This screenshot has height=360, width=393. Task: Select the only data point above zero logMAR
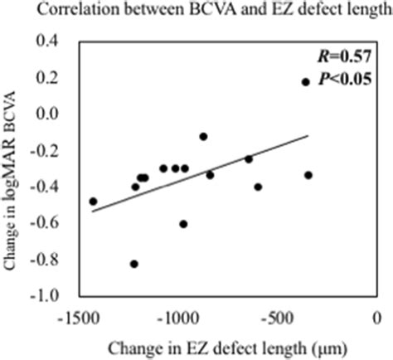305,82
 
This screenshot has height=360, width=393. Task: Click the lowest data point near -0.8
134,264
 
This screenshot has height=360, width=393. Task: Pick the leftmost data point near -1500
93,202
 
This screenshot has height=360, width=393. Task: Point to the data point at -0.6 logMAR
183,224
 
